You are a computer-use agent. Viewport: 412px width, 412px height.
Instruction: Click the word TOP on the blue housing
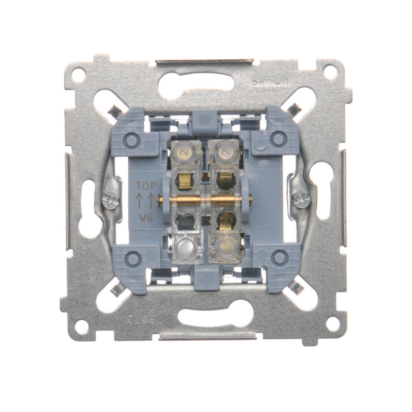(146, 186)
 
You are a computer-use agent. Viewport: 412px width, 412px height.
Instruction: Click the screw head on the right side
(300, 199)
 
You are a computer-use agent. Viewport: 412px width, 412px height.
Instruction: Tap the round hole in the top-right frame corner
(330, 73)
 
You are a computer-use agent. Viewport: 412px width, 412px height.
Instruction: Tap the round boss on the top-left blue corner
(133, 140)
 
